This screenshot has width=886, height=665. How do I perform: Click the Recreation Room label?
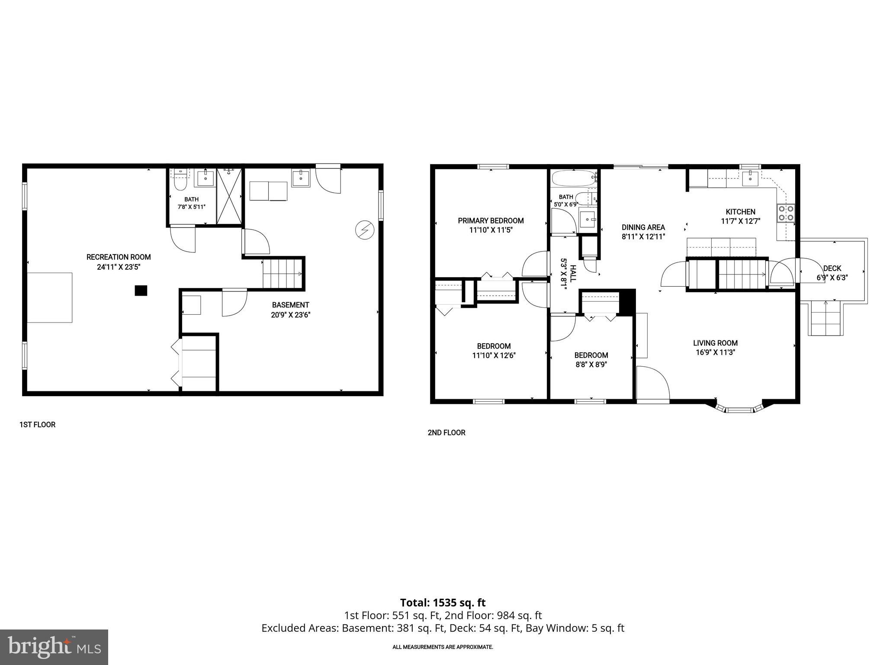tap(119, 257)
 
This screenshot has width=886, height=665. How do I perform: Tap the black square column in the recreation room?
tap(141, 291)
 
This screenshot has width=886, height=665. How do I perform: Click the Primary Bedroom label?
tap(491, 221)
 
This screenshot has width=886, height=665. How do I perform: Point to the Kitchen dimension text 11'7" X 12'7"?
tap(741, 221)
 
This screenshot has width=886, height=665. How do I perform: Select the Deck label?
tap(832, 268)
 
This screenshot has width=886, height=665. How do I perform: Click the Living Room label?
tap(715, 343)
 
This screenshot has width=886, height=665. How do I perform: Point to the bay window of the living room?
tap(740, 408)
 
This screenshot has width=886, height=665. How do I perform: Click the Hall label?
tap(573, 274)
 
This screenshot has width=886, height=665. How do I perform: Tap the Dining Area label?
tap(643, 227)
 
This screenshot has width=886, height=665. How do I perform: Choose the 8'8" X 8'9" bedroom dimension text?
tap(591, 365)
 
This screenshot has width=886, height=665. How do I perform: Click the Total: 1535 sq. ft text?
tap(443, 603)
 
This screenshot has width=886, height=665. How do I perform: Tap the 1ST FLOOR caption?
tap(37, 425)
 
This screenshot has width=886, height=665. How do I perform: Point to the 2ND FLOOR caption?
tap(446, 433)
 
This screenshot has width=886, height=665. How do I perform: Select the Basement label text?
tap(290, 305)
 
